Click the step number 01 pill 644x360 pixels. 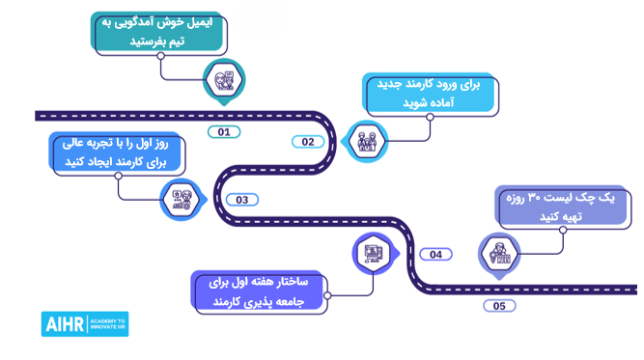click(x=224, y=131)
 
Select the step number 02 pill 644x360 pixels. click(x=308, y=142)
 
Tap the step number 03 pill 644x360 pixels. click(x=241, y=200)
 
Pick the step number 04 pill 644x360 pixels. click(x=435, y=255)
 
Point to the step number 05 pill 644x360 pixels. click(x=498, y=306)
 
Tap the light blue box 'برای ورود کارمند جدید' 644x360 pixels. click(x=433, y=94)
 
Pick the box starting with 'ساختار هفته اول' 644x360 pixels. click(x=258, y=291)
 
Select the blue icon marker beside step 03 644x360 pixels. click(x=181, y=199)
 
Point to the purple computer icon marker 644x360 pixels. click(x=372, y=255)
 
